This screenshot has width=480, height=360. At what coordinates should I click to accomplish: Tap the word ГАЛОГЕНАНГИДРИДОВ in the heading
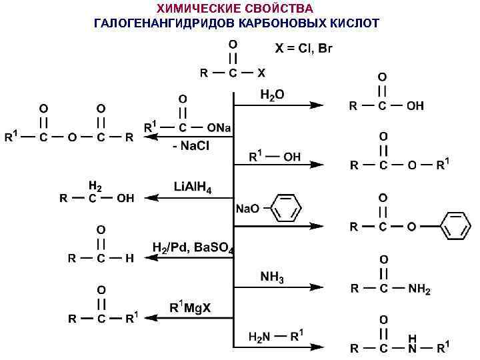[163, 23]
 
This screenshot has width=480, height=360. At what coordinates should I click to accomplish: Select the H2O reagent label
[272, 95]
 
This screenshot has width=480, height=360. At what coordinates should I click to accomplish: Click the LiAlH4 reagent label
[193, 187]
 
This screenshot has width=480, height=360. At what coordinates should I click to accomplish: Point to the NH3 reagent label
[272, 277]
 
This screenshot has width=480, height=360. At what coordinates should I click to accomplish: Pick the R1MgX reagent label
[191, 308]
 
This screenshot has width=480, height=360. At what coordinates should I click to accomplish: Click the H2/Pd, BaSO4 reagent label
[193, 248]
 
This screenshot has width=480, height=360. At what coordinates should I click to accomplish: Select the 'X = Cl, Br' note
[304, 49]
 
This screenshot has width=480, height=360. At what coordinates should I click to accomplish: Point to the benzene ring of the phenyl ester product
[455, 227]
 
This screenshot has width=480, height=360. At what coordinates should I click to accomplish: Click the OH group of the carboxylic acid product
[415, 106]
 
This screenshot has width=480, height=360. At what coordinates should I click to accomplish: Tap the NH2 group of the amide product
[419, 289]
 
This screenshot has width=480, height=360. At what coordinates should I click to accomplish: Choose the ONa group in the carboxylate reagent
[219, 127]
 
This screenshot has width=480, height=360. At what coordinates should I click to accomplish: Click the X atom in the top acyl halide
[261, 72]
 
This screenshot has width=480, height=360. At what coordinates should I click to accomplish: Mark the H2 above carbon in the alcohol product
[96, 185]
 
